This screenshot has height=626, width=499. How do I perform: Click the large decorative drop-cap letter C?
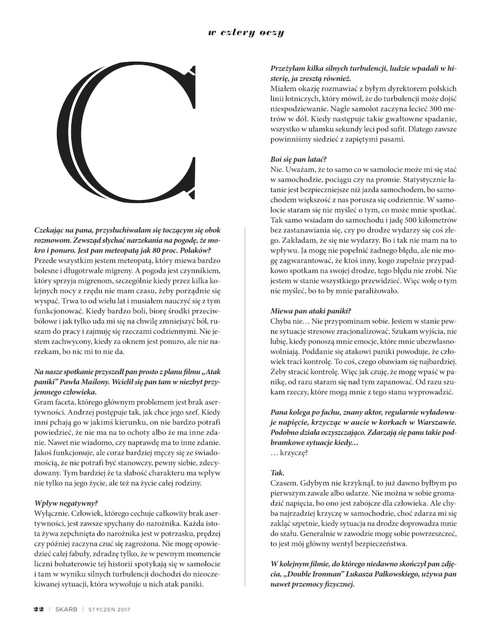132,139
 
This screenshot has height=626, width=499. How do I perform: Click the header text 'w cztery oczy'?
246,33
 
